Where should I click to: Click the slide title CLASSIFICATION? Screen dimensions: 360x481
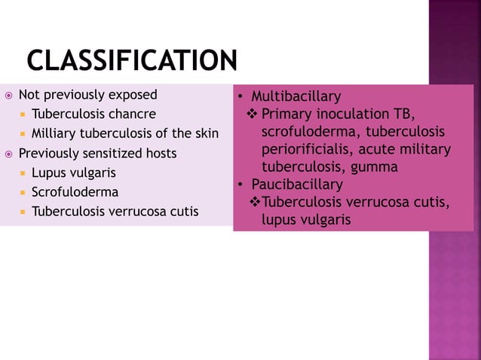132,60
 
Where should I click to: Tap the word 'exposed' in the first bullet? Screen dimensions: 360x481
132,95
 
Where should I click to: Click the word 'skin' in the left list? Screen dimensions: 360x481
205,134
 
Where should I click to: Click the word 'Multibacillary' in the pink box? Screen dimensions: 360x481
296,96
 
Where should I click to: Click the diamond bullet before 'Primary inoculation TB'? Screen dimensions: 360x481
253,114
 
